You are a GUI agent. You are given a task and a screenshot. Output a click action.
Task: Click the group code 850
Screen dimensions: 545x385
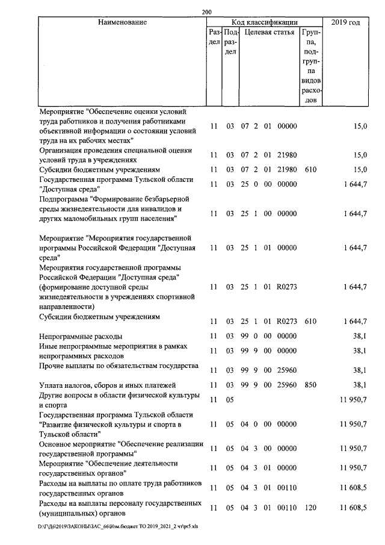(310, 384)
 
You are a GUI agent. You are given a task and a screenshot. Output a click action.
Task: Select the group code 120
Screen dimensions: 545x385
(310, 508)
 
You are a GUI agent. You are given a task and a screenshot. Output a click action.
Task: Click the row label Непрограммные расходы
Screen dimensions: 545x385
(81, 335)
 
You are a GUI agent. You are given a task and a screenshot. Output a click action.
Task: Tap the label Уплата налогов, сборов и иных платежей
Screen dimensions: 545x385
(107, 384)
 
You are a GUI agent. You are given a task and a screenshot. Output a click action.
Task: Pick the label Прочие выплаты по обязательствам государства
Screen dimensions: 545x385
(119, 366)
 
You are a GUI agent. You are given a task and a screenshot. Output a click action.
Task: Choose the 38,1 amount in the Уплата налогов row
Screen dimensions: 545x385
(360, 384)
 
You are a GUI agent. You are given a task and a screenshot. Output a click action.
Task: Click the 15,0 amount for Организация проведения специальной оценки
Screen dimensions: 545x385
(360, 155)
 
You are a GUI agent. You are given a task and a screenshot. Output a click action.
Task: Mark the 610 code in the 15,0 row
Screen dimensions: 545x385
(310, 169)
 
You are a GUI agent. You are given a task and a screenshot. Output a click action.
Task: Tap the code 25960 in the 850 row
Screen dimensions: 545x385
(287, 384)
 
